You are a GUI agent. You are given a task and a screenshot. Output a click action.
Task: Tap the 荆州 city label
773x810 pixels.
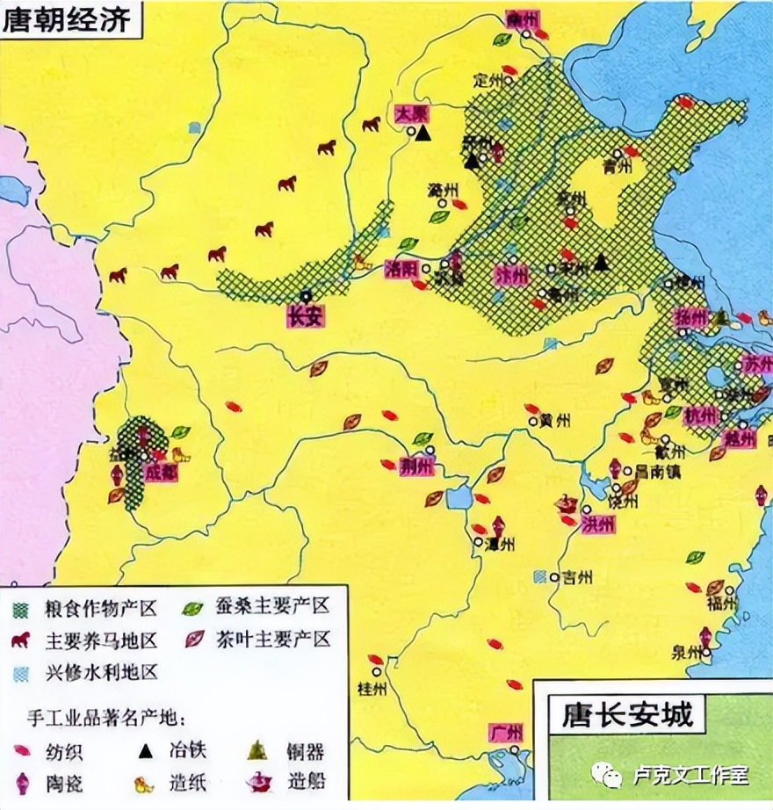416,466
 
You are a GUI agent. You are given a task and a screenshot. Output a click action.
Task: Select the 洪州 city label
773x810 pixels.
597,524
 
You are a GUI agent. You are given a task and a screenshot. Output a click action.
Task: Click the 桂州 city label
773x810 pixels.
372,687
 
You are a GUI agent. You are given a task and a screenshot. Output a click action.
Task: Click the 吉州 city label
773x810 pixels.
577,577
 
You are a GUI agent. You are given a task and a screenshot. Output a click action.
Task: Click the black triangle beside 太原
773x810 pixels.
423,134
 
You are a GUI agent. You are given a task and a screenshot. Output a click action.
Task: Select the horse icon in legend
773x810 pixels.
22,640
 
